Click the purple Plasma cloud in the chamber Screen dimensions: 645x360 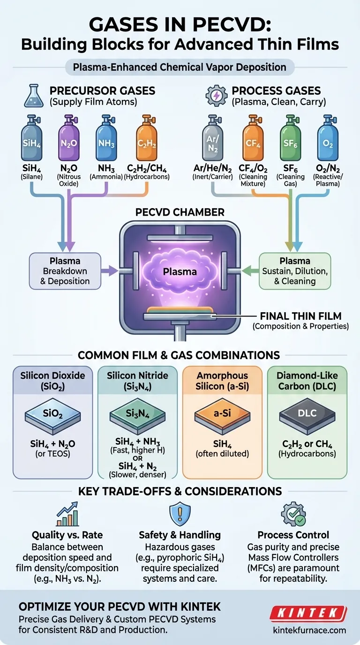180,271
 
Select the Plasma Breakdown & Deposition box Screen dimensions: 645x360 65,270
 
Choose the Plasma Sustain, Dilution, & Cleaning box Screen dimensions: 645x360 295,271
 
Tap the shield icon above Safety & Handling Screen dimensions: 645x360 180,514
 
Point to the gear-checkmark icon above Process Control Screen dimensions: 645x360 293,514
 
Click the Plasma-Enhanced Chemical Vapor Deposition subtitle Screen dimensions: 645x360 180,67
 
